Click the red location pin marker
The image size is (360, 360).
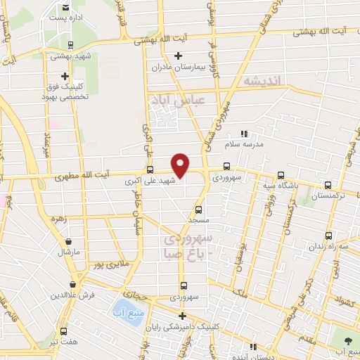181,166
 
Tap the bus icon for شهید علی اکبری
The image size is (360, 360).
149,169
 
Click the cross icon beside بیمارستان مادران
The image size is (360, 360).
179,56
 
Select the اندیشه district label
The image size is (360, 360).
262,82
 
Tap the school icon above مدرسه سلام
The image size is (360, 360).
244,133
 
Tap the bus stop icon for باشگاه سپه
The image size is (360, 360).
281,176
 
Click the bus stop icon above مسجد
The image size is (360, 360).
198,210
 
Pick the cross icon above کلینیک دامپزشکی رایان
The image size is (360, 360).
182,316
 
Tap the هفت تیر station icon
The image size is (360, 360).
65,330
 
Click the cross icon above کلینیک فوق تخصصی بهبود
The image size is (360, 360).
65,76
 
